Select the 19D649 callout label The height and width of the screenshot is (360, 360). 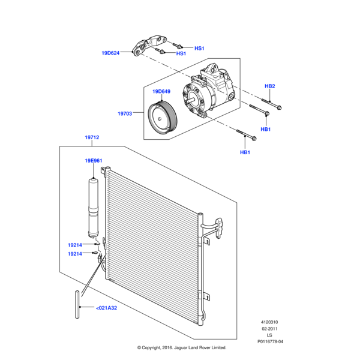click(x=161, y=92)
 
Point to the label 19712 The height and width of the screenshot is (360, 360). click(x=92, y=138)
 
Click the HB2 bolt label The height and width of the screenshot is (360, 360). click(x=269, y=86)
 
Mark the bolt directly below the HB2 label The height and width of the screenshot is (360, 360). click(x=269, y=106)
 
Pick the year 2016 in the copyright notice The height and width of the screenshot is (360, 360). click(x=168, y=348)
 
